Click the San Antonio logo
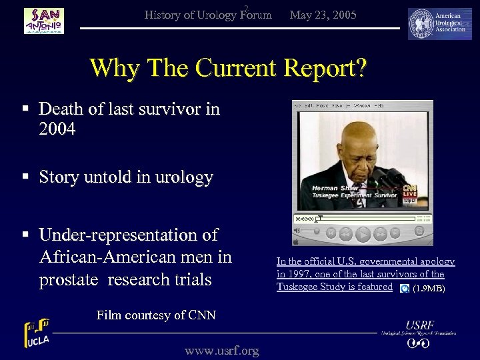tap(44, 21)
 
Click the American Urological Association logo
tap(439, 24)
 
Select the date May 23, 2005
tap(323, 15)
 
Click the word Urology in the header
tap(214, 15)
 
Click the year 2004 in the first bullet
tap(57, 129)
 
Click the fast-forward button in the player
tap(380, 234)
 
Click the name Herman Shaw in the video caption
tap(335, 189)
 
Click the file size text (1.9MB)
tap(429, 289)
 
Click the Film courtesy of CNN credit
tap(156, 315)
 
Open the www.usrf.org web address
tap(221, 350)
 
